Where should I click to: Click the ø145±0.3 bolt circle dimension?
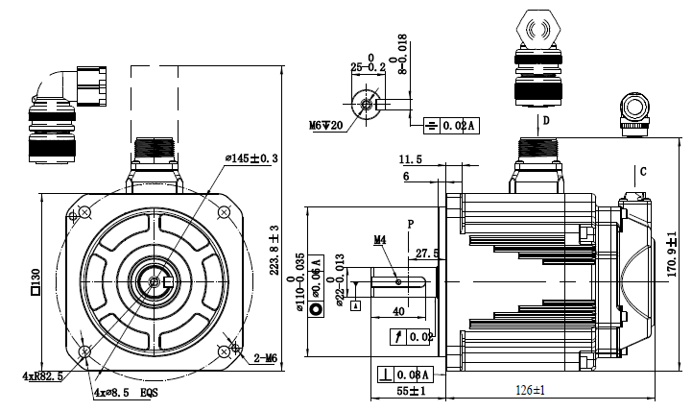pyautogui.click(x=251, y=158)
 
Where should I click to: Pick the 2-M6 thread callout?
pyautogui.click(x=264, y=358)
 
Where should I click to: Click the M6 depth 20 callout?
pyautogui.click(x=326, y=125)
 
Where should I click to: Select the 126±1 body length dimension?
pyautogui.click(x=529, y=390)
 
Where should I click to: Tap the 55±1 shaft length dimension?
pyautogui.click(x=409, y=391)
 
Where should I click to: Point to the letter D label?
pyautogui.click(x=546, y=121)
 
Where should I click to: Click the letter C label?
pyautogui.click(x=643, y=171)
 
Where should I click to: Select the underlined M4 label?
pyautogui.click(x=379, y=239)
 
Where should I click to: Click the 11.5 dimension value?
pyautogui.click(x=411, y=159)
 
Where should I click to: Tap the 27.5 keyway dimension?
pyautogui.click(x=426, y=254)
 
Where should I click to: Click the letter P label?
pyautogui.click(x=410, y=224)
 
